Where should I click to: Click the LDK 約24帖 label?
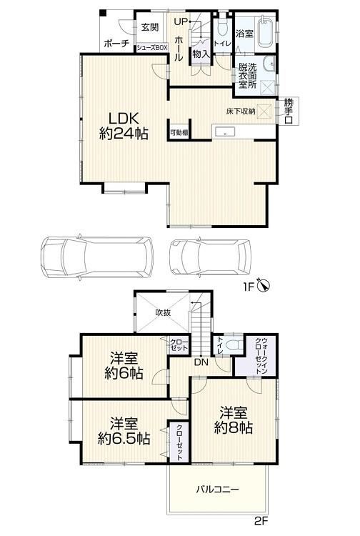124,126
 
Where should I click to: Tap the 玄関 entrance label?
150,27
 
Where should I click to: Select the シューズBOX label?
152,48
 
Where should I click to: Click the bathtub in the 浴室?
265,31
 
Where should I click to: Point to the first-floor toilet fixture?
222,27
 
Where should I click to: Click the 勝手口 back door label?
289,111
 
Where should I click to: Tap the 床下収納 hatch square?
264,111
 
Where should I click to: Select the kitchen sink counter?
224,131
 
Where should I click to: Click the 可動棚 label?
179,133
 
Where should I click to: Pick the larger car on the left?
96,257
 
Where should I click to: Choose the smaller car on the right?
211,257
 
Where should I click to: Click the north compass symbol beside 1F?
265,285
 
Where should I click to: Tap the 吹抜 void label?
164,312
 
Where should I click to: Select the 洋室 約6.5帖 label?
124,431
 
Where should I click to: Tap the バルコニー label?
218,489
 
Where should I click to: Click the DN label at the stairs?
201,362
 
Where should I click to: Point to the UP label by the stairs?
181,22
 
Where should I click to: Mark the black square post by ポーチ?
103,12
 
